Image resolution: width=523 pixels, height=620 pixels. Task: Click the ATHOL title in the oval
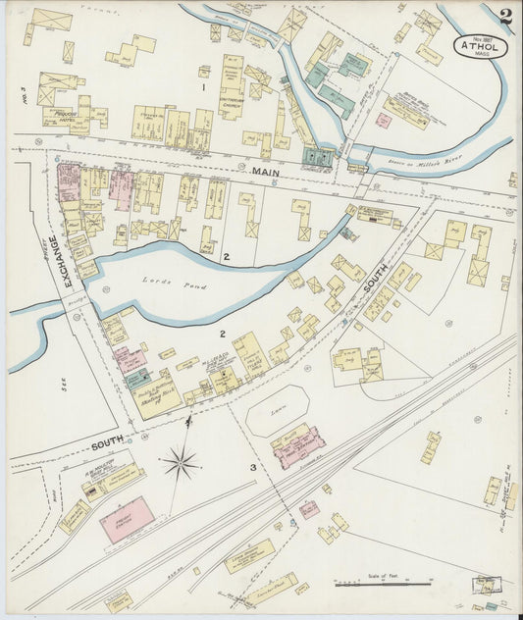pyautogui.click(x=479, y=45)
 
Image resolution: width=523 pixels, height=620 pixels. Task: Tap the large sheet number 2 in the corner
pyautogui.click(x=504, y=17)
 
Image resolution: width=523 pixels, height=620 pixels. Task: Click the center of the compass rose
pyautogui.click(x=183, y=462)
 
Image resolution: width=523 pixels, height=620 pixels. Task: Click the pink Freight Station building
pyautogui.click(x=127, y=519)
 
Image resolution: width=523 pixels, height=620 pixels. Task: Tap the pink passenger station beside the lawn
pyautogui.click(x=299, y=447)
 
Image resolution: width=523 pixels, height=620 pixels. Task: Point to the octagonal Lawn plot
pyautogui.click(x=277, y=409)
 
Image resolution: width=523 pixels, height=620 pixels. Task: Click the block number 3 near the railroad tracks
pyautogui.click(x=253, y=468)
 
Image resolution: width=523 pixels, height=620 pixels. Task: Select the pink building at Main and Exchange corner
pyautogui.click(x=68, y=182)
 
